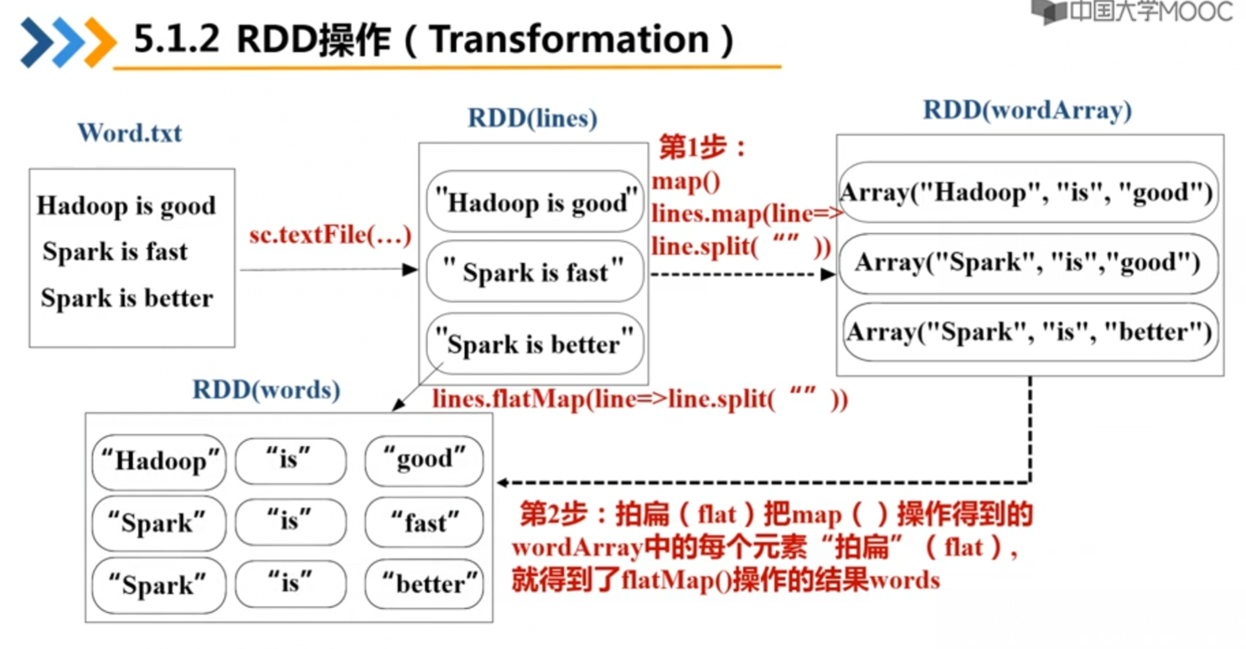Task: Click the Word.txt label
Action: (x=129, y=132)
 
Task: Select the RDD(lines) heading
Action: (x=532, y=118)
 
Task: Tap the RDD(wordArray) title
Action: (x=1027, y=110)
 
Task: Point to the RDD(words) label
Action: (x=266, y=390)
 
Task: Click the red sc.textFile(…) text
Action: (x=330, y=236)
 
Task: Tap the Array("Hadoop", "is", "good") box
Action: (x=1027, y=193)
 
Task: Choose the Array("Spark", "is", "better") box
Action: (x=1027, y=332)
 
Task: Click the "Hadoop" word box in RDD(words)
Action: (x=159, y=461)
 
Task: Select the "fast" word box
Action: (x=424, y=523)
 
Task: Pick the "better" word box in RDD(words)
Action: (x=424, y=584)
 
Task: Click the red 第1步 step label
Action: (x=702, y=148)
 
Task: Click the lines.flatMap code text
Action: (x=639, y=399)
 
